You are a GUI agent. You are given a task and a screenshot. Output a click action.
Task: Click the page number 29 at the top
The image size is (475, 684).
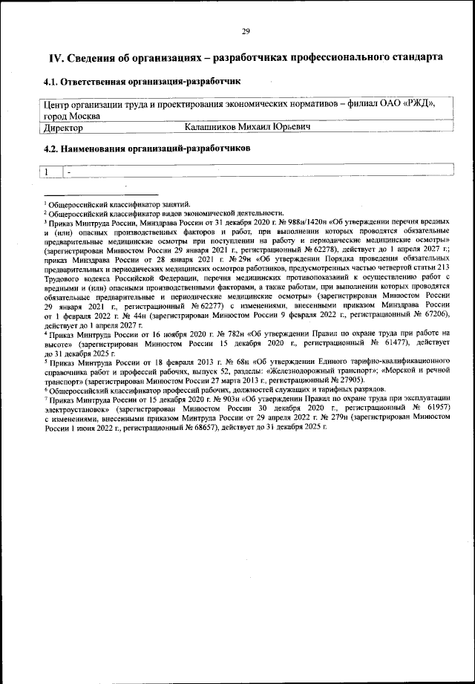click(245, 30)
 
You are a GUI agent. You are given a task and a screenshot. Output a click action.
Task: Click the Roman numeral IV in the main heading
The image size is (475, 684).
click(56, 57)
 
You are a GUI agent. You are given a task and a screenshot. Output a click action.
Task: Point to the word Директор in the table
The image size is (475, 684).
click(63, 128)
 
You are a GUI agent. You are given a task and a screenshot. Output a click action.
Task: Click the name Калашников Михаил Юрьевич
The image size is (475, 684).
click(247, 128)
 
